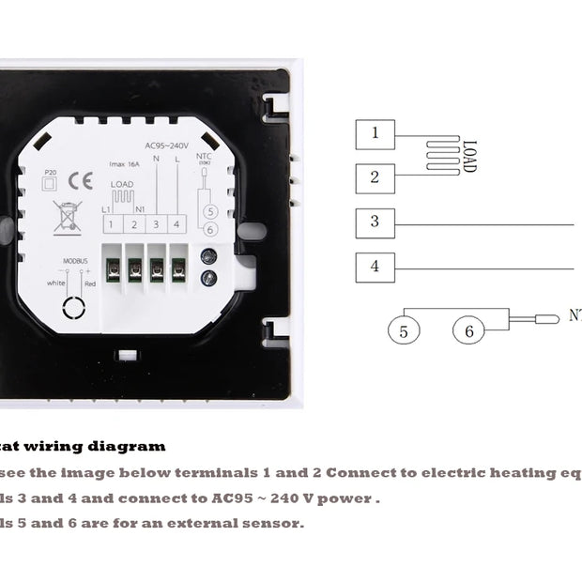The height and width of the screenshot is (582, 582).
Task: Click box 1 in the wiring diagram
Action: tap(375, 132)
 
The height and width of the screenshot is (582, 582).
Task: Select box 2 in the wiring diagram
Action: tap(375, 176)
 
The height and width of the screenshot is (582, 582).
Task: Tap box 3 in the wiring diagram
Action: tap(375, 222)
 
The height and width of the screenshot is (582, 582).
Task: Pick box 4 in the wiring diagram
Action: tap(375, 268)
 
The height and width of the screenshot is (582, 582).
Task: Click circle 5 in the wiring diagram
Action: tap(404, 330)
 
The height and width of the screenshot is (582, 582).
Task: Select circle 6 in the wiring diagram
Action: tap(469, 330)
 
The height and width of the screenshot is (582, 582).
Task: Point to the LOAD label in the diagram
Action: tap(469, 155)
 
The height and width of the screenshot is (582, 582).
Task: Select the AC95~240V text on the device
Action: tap(167, 145)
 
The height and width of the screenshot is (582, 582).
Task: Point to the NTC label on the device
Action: tap(205, 159)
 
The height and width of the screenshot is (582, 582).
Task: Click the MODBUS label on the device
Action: tap(75, 261)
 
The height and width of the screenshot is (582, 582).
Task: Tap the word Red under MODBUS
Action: tap(90, 283)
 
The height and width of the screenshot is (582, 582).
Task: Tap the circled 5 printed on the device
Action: tap(210, 211)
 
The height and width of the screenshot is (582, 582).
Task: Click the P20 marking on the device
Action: tap(51, 171)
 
